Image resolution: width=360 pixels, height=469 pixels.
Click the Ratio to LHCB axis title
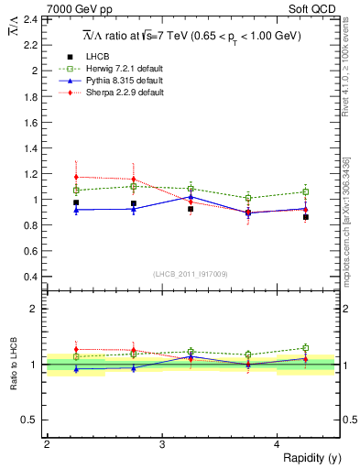[14, 365]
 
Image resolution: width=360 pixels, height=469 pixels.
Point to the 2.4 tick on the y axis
[30, 19]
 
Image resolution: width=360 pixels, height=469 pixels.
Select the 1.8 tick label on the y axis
[30, 96]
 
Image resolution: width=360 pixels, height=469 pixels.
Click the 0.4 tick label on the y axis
[30, 277]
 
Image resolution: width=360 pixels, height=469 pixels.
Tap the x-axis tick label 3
[161, 444]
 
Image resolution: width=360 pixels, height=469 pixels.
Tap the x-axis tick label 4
[277, 444]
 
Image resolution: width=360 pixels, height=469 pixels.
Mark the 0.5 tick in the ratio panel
[30, 420]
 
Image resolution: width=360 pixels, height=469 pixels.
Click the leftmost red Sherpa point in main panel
[76, 177]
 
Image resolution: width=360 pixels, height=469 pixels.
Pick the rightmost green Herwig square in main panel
[306, 192]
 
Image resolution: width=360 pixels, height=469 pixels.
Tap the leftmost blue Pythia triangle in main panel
[76, 210]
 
